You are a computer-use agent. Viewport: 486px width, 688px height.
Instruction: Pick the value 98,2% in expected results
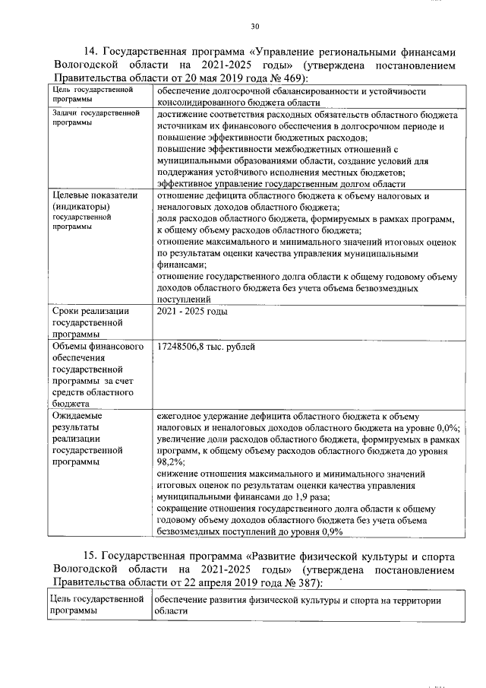pos(170,461)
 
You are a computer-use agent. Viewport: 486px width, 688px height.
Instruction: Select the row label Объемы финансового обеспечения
pos(98,347)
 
